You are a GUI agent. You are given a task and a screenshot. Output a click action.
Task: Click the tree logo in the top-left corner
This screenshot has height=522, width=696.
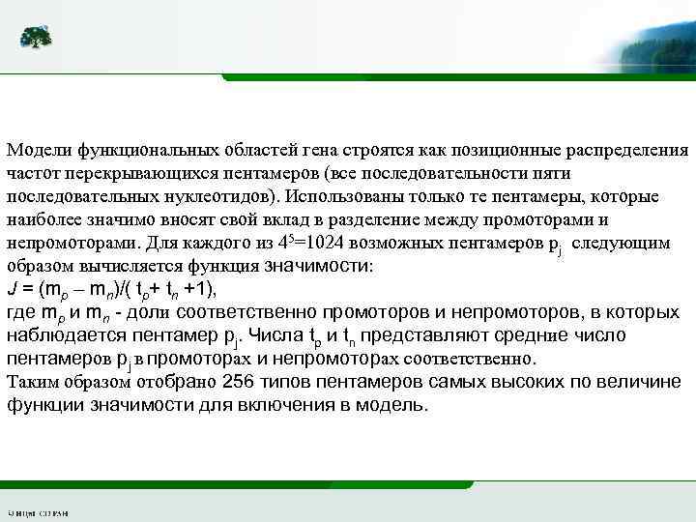(x=36, y=38)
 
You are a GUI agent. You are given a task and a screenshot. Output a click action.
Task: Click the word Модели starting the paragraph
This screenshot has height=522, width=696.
(x=35, y=151)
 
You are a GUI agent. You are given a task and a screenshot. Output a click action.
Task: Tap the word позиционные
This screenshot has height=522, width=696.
(x=496, y=151)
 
